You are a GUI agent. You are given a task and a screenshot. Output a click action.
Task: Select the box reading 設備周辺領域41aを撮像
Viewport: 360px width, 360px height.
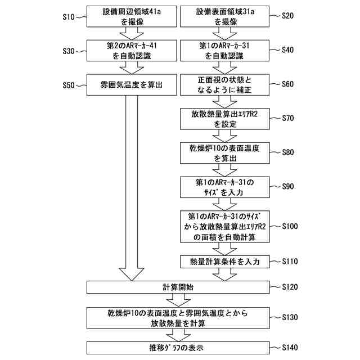click(131, 17)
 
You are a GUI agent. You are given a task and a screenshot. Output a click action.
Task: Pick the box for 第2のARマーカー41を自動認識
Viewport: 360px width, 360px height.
click(131, 51)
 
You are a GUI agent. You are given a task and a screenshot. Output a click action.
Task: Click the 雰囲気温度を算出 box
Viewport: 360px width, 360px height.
click(131, 85)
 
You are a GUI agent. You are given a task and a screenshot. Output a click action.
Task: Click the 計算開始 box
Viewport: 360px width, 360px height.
click(178, 287)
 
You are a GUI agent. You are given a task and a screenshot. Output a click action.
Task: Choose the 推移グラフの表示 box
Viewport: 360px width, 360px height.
click(178, 348)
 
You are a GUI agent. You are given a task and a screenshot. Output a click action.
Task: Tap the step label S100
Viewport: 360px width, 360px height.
click(289, 226)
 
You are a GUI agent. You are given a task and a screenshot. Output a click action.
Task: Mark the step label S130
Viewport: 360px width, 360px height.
click(289, 317)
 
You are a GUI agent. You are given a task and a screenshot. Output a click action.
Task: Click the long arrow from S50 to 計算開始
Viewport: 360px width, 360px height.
click(131, 186)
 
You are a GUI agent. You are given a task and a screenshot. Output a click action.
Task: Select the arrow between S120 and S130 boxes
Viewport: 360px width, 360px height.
click(178, 300)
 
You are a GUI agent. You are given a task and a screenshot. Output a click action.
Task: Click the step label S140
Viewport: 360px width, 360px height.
click(289, 348)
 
